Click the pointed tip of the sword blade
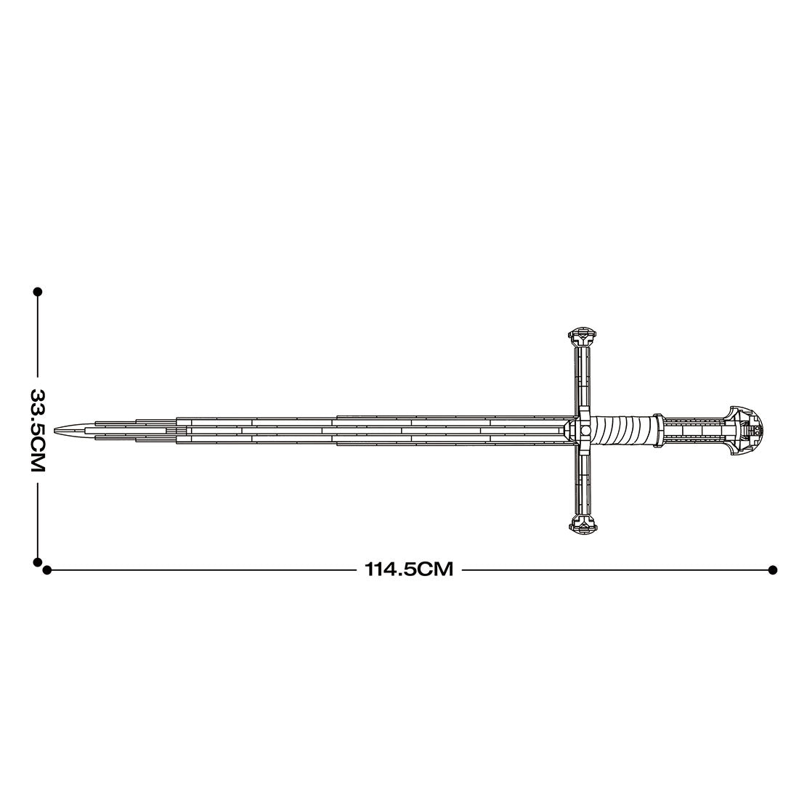pos(60,430)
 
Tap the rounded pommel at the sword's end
pos(753,429)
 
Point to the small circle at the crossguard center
pos(584,430)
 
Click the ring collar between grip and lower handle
pos(657,429)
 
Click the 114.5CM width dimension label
pos(409,569)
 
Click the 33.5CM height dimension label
pos(37,429)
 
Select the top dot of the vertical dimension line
pos(37,291)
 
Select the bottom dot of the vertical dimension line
pos(37,561)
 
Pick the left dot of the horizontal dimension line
pos(47,570)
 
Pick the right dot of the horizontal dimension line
pos(773,570)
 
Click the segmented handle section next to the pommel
pos(694,429)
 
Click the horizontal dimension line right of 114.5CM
pos(617,570)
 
